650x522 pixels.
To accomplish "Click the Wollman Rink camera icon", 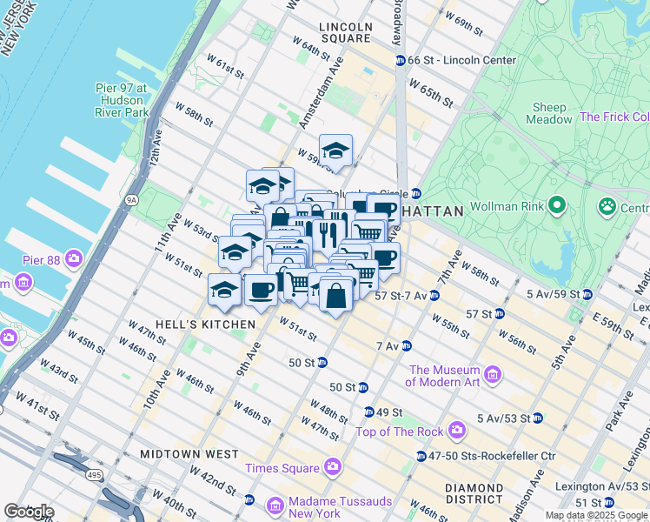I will (x=556, y=206).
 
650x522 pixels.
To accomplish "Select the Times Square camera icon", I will (x=332, y=468).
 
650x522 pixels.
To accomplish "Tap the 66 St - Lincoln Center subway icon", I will (x=400, y=60).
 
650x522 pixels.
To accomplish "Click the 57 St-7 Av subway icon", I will (x=434, y=296).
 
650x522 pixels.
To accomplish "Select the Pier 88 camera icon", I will (x=74, y=258).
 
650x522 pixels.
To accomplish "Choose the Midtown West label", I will (x=189, y=454).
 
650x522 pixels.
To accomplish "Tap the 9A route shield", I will (x=131, y=199).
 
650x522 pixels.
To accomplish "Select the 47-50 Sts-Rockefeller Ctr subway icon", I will (x=421, y=456).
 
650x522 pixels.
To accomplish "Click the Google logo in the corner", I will (x=29, y=512).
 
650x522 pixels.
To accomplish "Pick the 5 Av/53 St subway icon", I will (x=537, y=418).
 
